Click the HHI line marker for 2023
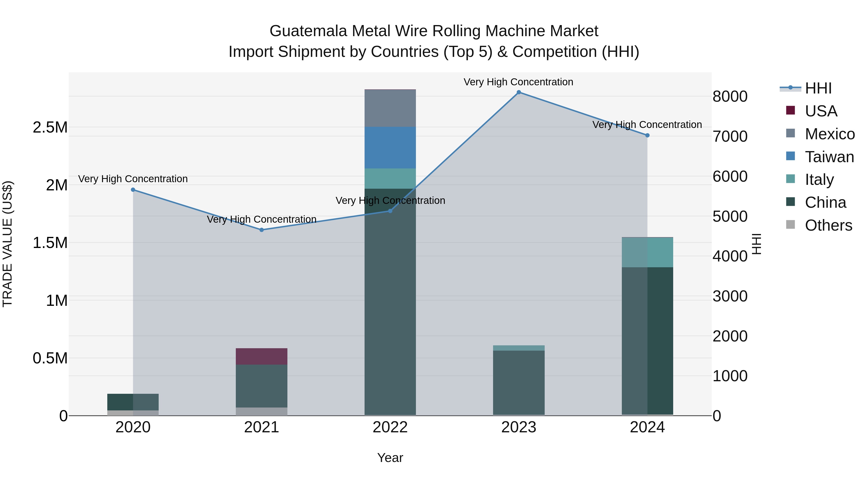[x=519, y=92]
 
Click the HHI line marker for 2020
[x=133, y=190]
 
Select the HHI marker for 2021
[x=261, y=230]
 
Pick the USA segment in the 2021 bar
[x=261, y=356]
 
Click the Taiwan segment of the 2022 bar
[x=390, y=147]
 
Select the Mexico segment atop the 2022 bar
[x=390, y=108]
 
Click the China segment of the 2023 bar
[x=519, y=382]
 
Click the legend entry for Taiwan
[x=829, y=157]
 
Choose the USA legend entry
[x=821, y=111]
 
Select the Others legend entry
[x=828, y=225]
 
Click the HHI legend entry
[x=818, y=88]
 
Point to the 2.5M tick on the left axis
[x=50, y=127]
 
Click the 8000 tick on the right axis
[x=730, y=97]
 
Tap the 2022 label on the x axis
[x=390, y=427]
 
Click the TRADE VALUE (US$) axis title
[x=7, y=244]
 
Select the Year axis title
[x=390, y=458]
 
